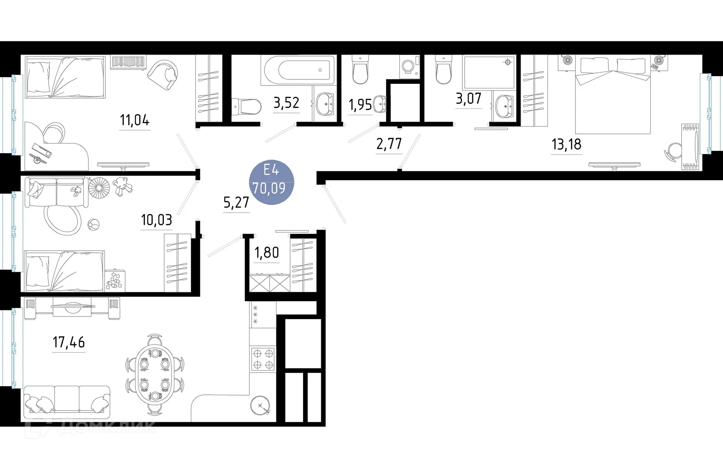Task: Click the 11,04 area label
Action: (134, 120)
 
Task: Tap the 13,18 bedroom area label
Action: (566, 145)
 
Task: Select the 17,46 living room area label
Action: (69, 342)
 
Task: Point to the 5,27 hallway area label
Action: (236, 203)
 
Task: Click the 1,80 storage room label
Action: (267, 253)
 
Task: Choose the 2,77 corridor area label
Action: (389, 144)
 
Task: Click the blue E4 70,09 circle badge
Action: (271, 182)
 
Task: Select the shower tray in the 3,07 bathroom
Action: (488, 72)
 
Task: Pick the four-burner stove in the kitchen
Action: (263, 359)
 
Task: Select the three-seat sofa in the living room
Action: (67, 401)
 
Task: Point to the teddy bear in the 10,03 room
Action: (123, 186)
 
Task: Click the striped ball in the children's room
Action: (93, 225)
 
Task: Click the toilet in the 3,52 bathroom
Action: (247, 107)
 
